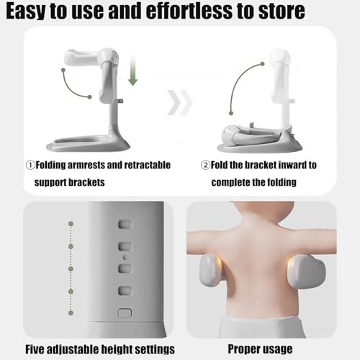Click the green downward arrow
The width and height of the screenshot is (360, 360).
coord(132,70)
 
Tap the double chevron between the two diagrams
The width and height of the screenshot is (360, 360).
coord(180,103)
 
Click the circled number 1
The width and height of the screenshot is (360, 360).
coord(30,166)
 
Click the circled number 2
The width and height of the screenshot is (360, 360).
coord(205,166)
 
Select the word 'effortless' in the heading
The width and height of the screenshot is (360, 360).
coord(189,11)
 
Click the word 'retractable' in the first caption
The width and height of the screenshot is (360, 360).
coord(148,165)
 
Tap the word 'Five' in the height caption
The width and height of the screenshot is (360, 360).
coord(35,349)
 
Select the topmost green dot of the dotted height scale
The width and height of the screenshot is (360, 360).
coord(71,224)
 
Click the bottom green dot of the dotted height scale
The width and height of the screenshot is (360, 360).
coord(71,313)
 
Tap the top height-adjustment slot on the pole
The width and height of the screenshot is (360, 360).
coord(125,224)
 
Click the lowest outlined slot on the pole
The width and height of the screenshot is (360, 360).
coord(125,313)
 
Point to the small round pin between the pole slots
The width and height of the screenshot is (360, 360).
coord(125,258)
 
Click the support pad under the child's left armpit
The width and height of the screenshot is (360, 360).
coord(210,271)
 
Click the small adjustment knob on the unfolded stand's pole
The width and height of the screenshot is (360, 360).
coord(120,101)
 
